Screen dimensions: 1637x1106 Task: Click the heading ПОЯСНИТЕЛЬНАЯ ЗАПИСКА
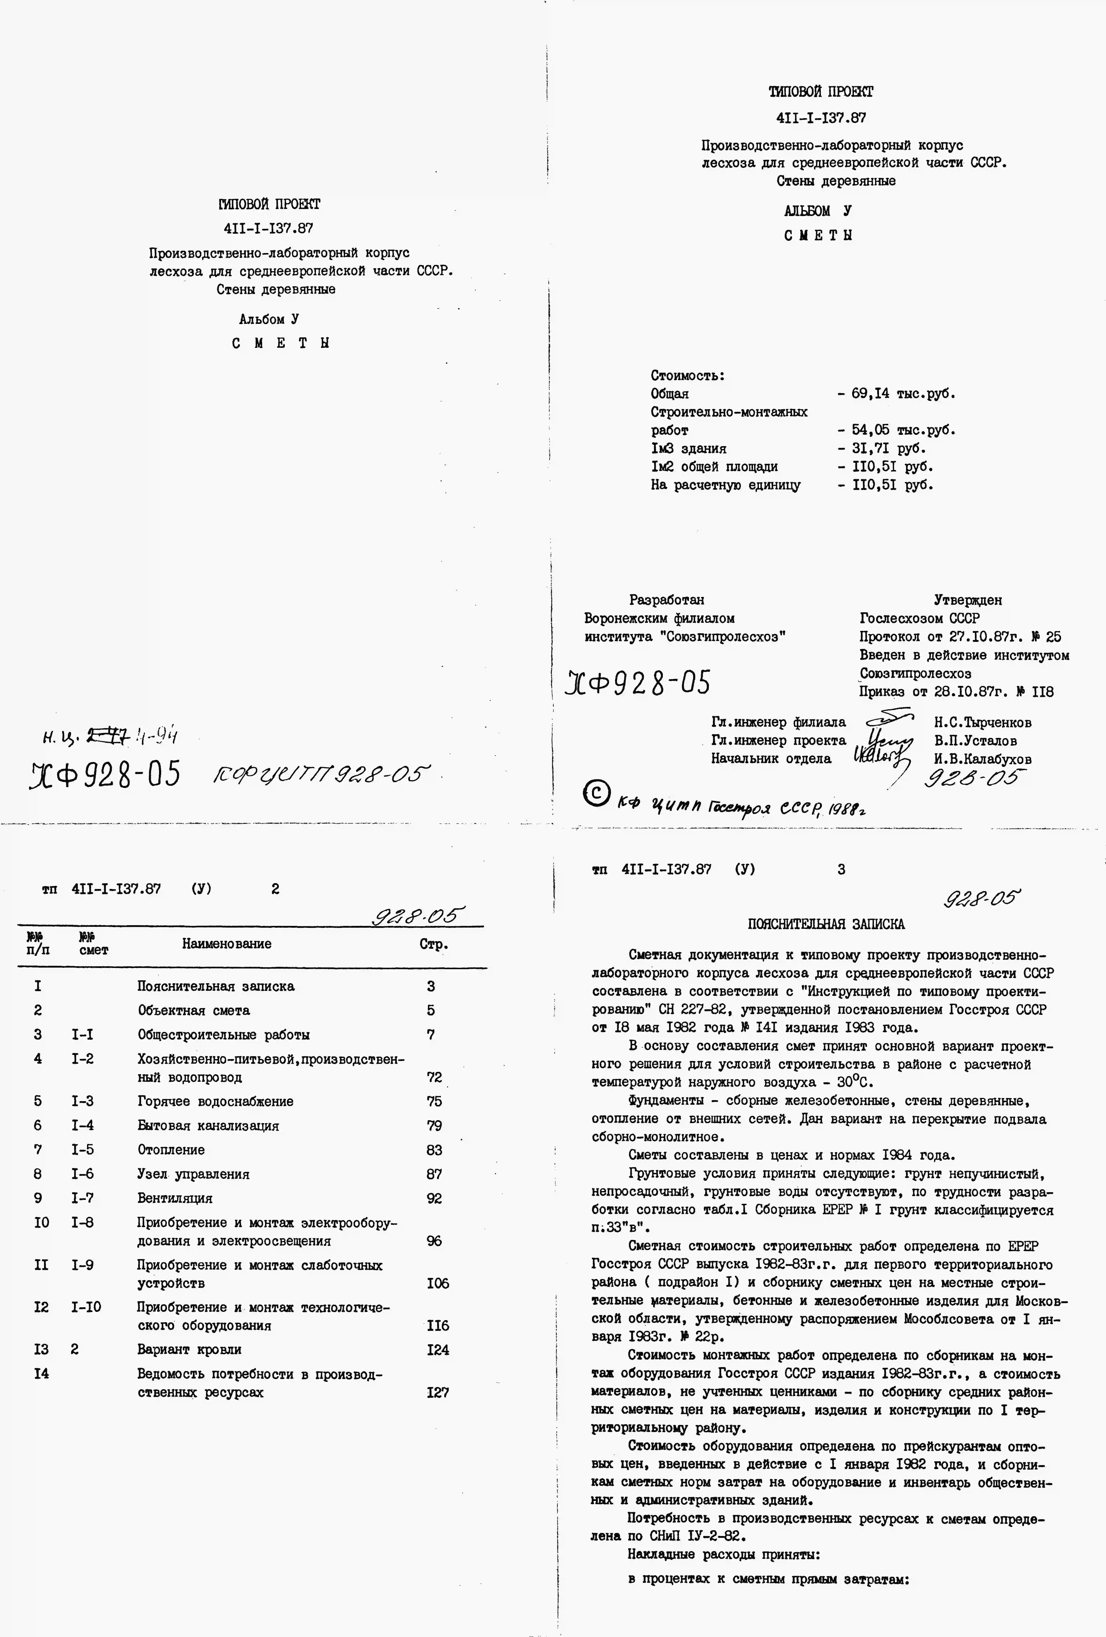pyautogui.click(x=826, y=924)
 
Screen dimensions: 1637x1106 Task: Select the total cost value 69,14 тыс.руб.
pyautogui.click(x=903, y=394)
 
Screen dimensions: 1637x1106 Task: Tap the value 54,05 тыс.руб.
pyautogui.click(x=903, y=430)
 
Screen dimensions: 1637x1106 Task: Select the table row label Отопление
pyautogui.click(x=171, y=1150)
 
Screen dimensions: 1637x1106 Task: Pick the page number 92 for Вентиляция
pyautogui.click(x=434, y=1198)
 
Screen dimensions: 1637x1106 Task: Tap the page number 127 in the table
pyautogui.click(x=438, y=1393)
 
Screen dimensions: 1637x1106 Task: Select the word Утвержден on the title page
pyautogui.click(x=967, y=600)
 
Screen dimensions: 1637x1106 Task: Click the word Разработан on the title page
pyautogui.click(x=667, y=600)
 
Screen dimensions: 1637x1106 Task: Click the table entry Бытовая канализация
pyautogui.click(x=208, y=1126)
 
